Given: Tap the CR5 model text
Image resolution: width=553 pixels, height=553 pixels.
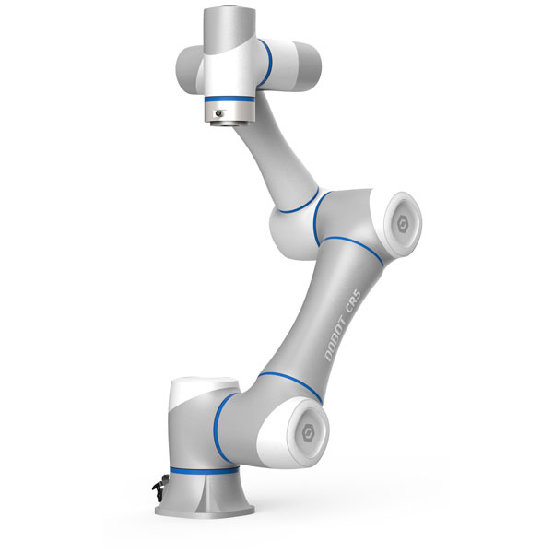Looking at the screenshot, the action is [x=353, y=300].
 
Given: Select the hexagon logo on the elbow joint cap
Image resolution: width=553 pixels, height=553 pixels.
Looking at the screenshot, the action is [x=403, y=224].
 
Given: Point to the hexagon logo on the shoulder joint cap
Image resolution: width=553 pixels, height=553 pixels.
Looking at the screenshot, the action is [x=308, y=432].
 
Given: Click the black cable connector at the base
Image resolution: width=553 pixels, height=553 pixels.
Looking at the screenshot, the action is [x=159, y=488].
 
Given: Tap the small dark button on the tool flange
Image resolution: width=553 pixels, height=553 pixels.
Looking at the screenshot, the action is [x=219, y=113].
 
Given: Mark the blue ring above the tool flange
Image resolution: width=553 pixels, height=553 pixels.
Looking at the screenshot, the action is [x=229, y=100].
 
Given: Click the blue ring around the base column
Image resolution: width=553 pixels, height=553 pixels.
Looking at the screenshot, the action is [x=205, y=471].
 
